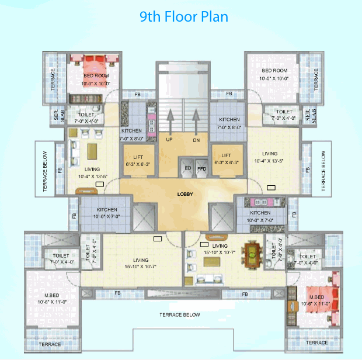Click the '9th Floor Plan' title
coord(183,16)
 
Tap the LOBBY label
coord(185,194)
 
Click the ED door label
coord(188,168)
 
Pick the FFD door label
coord(202,168)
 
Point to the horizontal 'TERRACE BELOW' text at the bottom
coord(180,315)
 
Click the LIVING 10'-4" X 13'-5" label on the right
coord(269,157)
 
